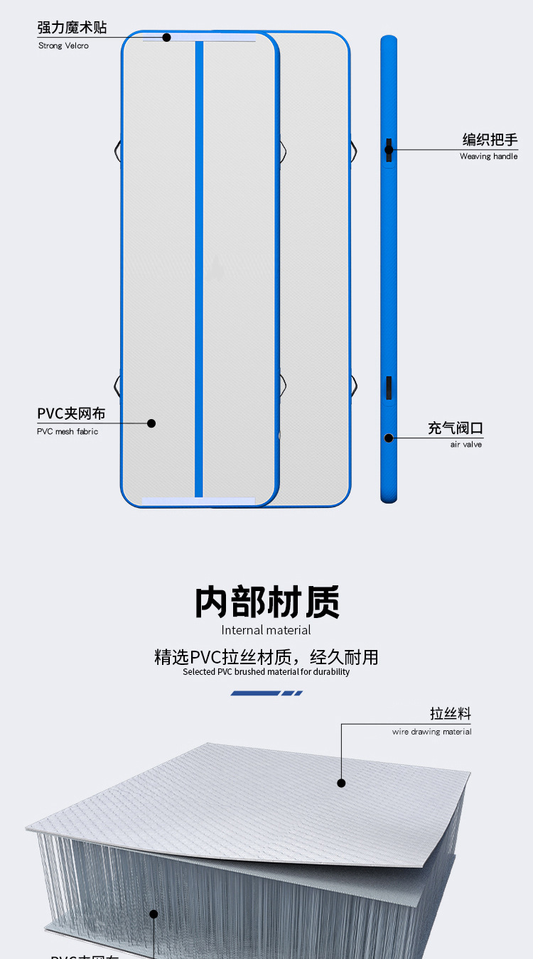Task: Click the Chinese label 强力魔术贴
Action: pyautogui.click(x=72, y=28)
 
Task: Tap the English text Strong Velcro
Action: pyautogui.click(x=63, y=46)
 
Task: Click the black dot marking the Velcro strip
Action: pyautogui.click(x=167, y=37)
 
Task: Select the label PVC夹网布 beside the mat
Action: pyautogui.click(x=71, y=413)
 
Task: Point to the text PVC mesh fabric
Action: pyautogui.click(x=68, y=432)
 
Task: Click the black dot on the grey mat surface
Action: pyautogui.click(x=151, y=423)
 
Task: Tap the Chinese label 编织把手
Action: pyautogui.click(x=490, y=139)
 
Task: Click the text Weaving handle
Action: pyautogui.click(x=488, y=156)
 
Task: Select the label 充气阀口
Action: pyautogui.click(x=456, y=428)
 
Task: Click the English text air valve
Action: pyautogui.click(x=465, y=445)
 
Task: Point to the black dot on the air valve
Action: pyautogui.click(x=389, y=438)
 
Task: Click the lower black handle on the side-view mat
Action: pyautogui.click(x=389, y=388)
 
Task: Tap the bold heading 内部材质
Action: pyautogui.click(x=266, y=602)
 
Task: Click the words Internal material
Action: pyautogui.click(x=266, y=630)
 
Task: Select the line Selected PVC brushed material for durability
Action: pyautogui.click(x=266, y=672)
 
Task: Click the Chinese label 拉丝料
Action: pyautogui.click(x=450, y=713)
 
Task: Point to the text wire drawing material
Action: pyautogui.click(x=431, y=732)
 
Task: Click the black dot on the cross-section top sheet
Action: pyautogui.click(x=341, y=783)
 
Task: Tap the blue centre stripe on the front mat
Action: pyautogui.click(x=200, y=270)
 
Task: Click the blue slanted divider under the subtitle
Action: pyautogui.click(x=266, y=693)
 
